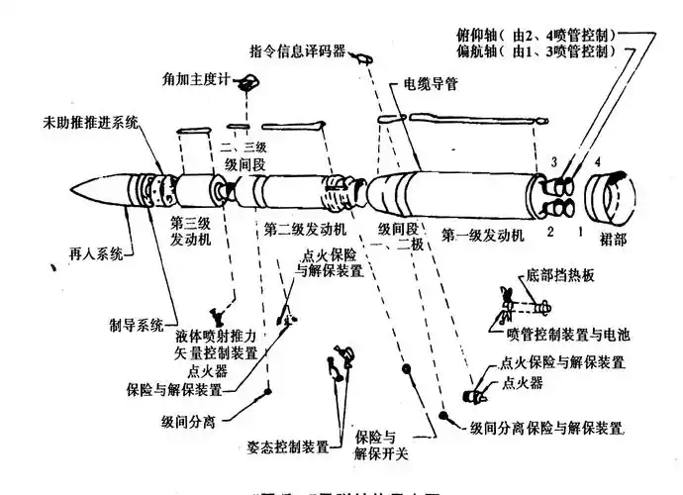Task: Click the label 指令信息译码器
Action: coord(296,50)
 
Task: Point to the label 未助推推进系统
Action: coord(90,123)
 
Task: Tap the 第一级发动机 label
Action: coord(485,236)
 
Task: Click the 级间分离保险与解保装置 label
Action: coord(546,428)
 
